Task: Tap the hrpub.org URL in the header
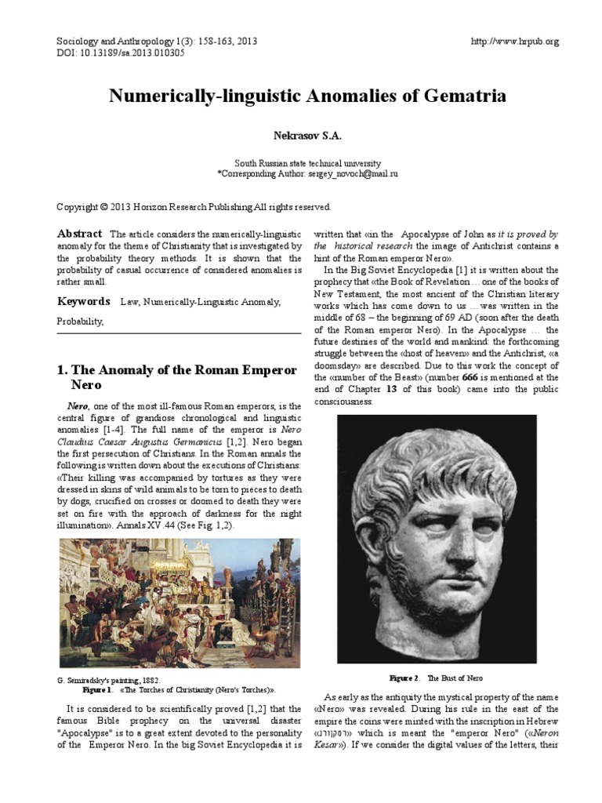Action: click(515, 42)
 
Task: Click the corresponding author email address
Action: click(353, 173)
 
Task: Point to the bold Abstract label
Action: click(79, 234)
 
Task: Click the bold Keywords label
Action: click(83, 301)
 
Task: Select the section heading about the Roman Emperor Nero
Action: click(176, 377)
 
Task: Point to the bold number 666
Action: click(470, 377)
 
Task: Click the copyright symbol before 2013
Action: click(103, 207)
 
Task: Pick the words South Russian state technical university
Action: click(306, 162)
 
